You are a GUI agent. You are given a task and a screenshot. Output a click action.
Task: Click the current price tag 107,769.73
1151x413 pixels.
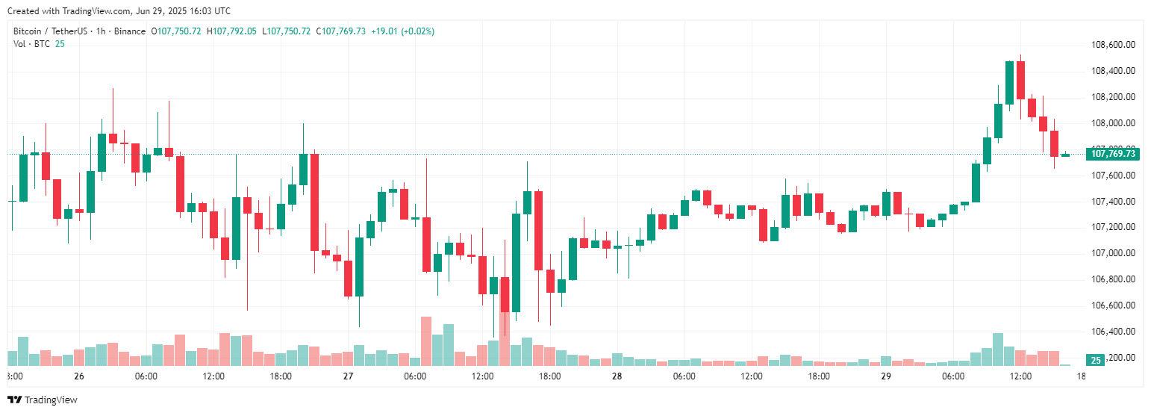(x=1112, y=154)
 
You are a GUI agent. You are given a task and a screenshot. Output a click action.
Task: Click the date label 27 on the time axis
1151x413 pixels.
(x=348, y=376)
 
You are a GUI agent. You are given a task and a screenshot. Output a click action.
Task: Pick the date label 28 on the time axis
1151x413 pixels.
(x=617, y=376)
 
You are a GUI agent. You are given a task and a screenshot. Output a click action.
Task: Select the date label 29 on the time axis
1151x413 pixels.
(x=886, y=376)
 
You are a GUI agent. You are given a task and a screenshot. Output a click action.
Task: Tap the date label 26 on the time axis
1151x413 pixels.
(x=79, y=376)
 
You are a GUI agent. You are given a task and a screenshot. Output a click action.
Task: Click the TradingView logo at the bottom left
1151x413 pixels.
(x=43, y=400)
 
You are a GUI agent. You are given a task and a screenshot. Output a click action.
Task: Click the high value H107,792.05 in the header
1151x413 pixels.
(x=231, y=31)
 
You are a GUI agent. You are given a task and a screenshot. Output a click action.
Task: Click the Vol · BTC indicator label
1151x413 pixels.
(x=31, y=43)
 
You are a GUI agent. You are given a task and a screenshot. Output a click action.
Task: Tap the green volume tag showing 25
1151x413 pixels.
(x=1096, y=360)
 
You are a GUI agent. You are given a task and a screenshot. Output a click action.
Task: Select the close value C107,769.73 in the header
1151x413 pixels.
(x=340, y=31)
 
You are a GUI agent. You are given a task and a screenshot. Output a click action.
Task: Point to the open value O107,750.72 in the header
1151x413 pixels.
(x=176, y=31)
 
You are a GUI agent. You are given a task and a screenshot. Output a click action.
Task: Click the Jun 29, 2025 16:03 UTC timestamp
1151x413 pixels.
(x=184, y=11)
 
